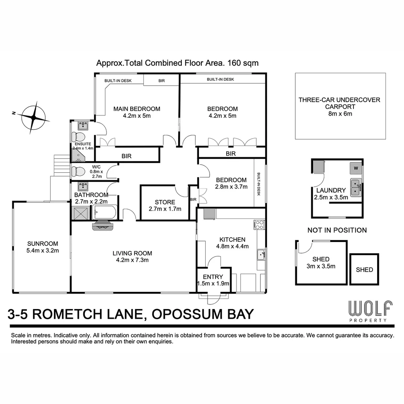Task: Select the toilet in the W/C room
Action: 77,171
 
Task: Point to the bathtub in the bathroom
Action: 105,212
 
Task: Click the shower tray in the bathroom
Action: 81,212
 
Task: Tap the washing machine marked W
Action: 356,168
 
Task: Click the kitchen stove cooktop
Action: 259,224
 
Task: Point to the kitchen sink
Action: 261,255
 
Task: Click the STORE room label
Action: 165,202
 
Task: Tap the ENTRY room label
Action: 213,277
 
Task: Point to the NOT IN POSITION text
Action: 337,230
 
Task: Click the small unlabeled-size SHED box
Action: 364,269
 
